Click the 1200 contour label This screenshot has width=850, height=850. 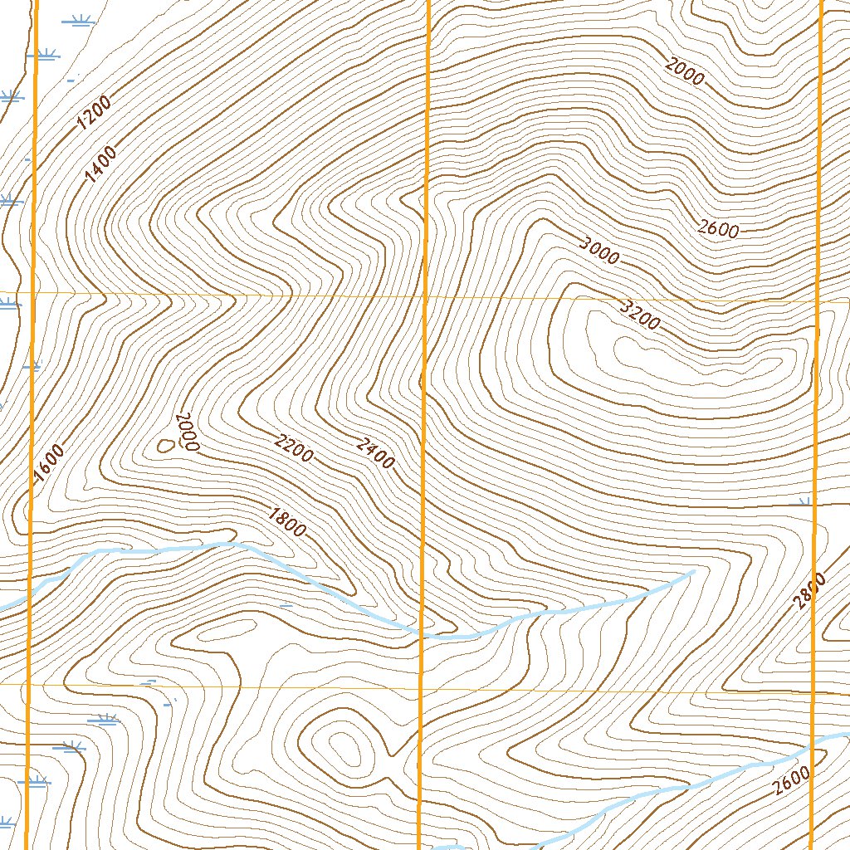point(93,114)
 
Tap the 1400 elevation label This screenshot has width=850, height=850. point(100,163)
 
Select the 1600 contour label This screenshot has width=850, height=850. point(48,463)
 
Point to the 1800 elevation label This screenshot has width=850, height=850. point(287,522)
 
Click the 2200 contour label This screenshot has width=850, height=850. point(294,448)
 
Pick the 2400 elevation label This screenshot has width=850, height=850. point(375,453)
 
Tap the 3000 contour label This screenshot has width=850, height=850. point(599,251)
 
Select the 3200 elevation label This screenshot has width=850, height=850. point(640,315)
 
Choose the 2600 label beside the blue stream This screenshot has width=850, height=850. point(789,783)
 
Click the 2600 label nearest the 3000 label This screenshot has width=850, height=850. point(718,228)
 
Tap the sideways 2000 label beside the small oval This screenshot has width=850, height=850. point(188,432)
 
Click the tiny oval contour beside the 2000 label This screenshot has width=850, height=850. point(165,446)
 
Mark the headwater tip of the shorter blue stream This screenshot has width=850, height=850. point(693,571)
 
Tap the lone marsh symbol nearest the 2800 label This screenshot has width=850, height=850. point(804,501)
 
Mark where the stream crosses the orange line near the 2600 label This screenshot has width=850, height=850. point(812,745)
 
